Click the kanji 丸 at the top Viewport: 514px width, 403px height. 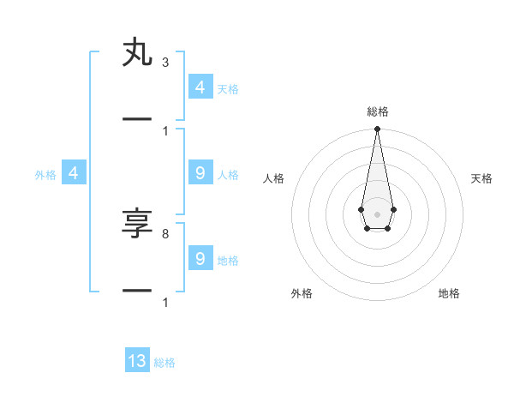[137, 53]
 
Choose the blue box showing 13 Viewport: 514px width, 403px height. [137, 361]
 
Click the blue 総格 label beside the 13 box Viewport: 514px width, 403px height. [164, 363]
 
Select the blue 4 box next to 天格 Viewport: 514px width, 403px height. [200, 87]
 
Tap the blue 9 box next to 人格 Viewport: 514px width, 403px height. [200, 173]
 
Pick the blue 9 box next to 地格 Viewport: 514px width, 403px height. [200, 258]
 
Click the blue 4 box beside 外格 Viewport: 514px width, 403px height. [74, 173]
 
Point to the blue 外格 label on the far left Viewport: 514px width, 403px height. [45, 175]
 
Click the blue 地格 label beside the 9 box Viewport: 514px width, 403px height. [228, 261]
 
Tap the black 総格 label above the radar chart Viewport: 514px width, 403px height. [377, 111]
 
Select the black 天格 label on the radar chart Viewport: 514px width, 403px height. [481, 178]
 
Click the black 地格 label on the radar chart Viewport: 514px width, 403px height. [449, 293]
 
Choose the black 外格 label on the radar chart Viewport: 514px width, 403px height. [302, 293]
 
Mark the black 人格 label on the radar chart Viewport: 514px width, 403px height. [273, 178]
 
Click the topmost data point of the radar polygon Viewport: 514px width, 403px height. [377, 129]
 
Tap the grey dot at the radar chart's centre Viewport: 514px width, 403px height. [377, 214]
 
